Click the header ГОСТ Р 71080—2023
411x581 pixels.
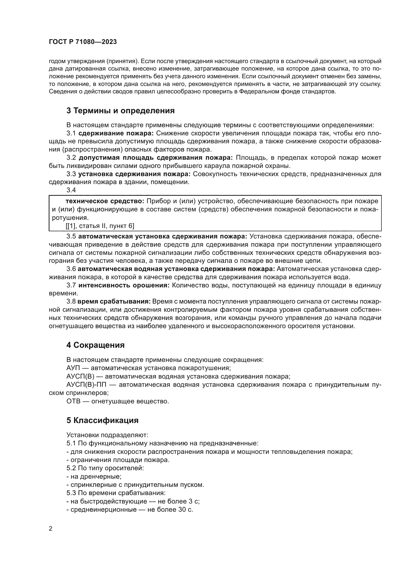point(83,42)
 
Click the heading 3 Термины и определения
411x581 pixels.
point(121,111)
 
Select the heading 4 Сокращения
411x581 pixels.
point(95,345)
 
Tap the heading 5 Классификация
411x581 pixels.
point(102,420)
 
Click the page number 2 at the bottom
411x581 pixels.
point(51,529)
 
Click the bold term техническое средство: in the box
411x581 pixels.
point(105,201)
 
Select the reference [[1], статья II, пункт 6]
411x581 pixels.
point(100,226)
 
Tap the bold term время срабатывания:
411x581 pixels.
point(114,302)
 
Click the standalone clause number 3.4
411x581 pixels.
point(71,190)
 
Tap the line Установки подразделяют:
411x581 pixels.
point(107,435)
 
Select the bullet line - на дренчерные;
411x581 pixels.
point(94,476)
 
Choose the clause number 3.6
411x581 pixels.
point(71,269)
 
